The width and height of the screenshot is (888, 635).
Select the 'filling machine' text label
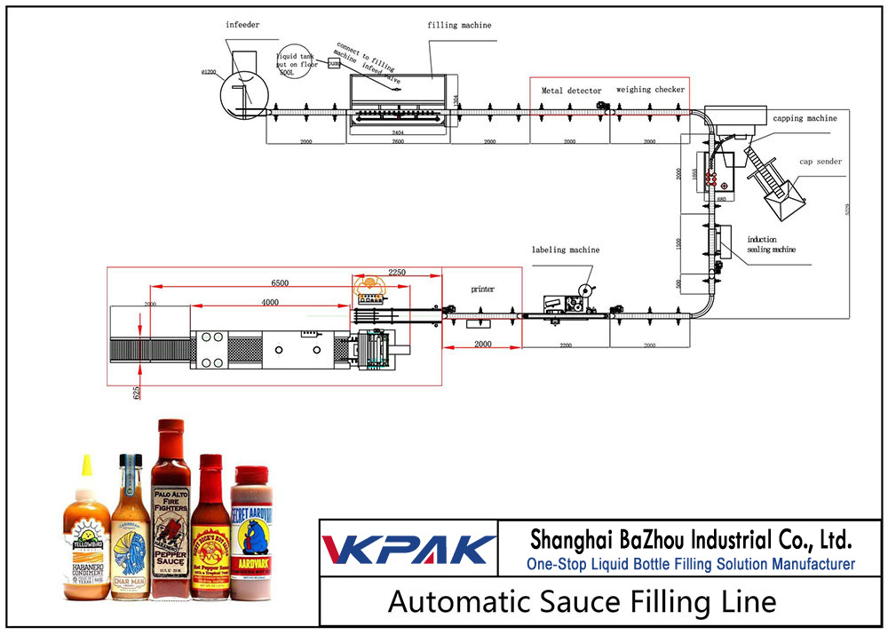pos(459,26)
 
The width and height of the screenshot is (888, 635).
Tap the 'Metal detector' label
pos(571,91)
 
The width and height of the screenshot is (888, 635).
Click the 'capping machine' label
pos(804,118)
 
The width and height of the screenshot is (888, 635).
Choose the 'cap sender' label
pos(819,162)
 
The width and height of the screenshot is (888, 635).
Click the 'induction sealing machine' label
pos(771,244)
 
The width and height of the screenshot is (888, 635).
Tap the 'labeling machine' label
pos(566,250)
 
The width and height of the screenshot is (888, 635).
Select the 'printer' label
pos(483,289)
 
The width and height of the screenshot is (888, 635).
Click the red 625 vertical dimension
pos(137,391)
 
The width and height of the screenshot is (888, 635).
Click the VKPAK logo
pos(408,549)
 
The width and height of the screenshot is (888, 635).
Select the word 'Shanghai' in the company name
pos(575,538)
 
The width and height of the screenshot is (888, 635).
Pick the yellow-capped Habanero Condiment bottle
pos(86,533)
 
